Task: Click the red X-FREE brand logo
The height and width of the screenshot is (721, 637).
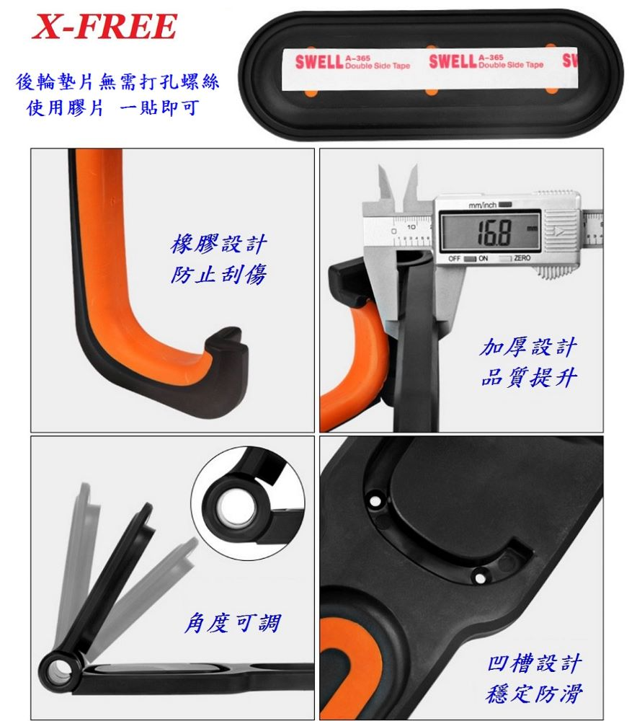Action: click(x=104, y=26)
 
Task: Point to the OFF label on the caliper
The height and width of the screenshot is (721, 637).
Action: click(x=454, y=258)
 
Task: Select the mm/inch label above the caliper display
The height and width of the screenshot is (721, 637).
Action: click(x=483, y=205)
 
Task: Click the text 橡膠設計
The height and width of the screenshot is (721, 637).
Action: click(x=219, y=244)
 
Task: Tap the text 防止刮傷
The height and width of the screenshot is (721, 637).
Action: click(x=219, y=274)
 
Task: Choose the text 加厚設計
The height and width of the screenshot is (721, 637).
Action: click(x=528, y=347)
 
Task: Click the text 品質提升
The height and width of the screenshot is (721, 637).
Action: click(x=528, y=377)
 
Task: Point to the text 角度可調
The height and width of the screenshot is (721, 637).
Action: click(x=233, y=623)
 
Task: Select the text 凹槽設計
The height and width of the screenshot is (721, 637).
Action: click(x=535, y=663)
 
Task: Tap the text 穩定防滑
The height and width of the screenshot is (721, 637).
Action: click(x=535, y=694)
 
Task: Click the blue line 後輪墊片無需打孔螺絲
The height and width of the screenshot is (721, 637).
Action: click(x=117, y=82)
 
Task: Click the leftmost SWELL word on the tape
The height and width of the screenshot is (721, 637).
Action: click(x=319, y=61)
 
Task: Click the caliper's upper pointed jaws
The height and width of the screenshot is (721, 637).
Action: click(x=398, y=184)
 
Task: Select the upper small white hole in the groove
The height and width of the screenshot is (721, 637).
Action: click(x=376, y=500)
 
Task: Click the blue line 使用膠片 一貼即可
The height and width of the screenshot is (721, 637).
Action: click(x=113, y=109)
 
